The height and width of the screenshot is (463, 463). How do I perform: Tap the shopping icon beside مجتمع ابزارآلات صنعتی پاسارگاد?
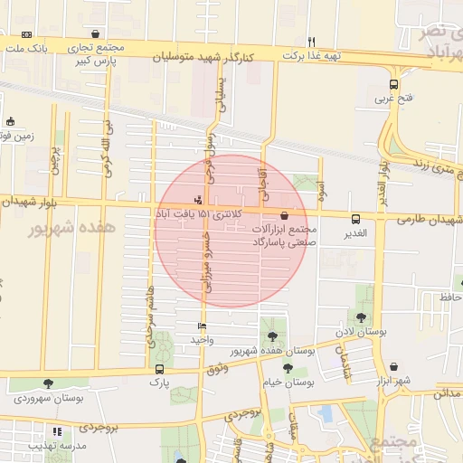coord(286,215)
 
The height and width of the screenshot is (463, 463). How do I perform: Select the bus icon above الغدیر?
coord(355,218)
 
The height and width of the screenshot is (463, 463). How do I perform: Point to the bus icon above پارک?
coord(160,369)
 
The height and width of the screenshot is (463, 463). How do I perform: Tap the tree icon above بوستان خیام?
coord(288,368)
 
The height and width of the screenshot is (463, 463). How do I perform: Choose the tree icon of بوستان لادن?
coord(362,317)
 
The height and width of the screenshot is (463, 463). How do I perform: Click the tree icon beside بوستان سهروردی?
coord(48,383)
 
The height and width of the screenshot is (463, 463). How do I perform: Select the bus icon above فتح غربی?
coord(393,84)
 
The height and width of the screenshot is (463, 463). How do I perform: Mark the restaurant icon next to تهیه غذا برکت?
coord(312,41)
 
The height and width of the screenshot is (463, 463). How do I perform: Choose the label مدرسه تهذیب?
coord(57,446)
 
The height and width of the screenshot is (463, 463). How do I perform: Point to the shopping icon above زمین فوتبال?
coord(10,121)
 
